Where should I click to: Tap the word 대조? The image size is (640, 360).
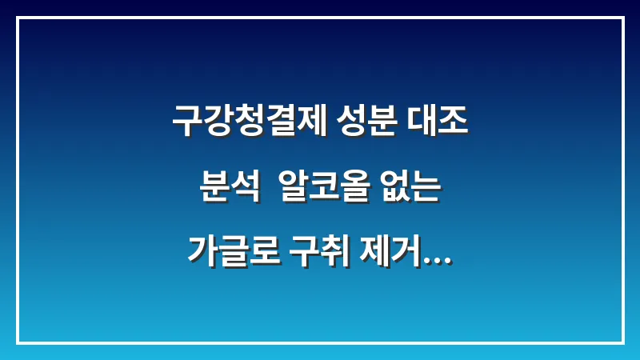pos(439,122)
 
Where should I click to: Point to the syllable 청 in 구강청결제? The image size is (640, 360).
pos(249,122)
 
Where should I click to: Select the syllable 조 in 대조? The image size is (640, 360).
pos(454,122)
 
